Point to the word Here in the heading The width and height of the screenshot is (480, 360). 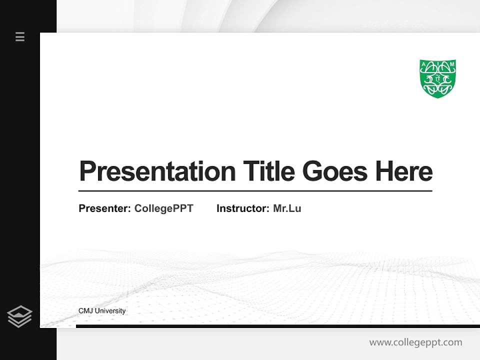[403, 171]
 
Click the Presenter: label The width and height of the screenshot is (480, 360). [104, 208]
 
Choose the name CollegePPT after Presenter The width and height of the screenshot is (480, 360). [163, 208]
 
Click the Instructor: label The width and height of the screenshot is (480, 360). [242, 208]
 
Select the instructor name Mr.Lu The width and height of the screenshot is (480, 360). [287, 208]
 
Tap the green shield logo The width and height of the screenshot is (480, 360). [437, 78]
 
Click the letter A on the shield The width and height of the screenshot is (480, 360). [423, 64]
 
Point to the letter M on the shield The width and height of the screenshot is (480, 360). [452, 64]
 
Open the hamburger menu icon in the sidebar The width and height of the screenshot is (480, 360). [20, 36]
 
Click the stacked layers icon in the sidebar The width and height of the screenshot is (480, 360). [19, 316]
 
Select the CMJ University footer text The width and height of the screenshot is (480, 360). [102, 311]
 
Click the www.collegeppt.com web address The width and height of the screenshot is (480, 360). [415, 342]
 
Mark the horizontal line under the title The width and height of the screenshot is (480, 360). [255, 191]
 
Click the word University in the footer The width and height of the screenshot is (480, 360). [110, 311]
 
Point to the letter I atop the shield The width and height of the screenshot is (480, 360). [437, 62]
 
